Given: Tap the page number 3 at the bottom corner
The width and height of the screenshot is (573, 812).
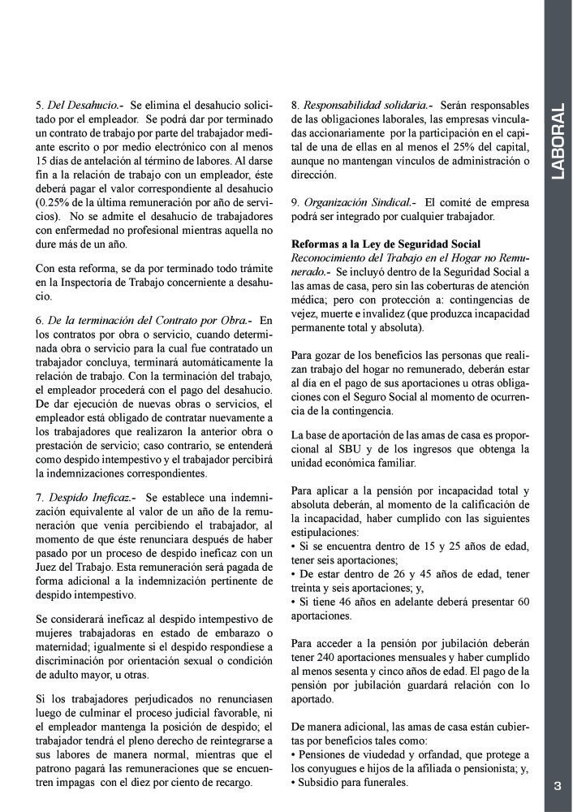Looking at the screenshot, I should pos(558,785).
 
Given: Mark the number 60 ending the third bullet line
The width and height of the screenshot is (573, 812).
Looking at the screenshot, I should pos(523,602).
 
